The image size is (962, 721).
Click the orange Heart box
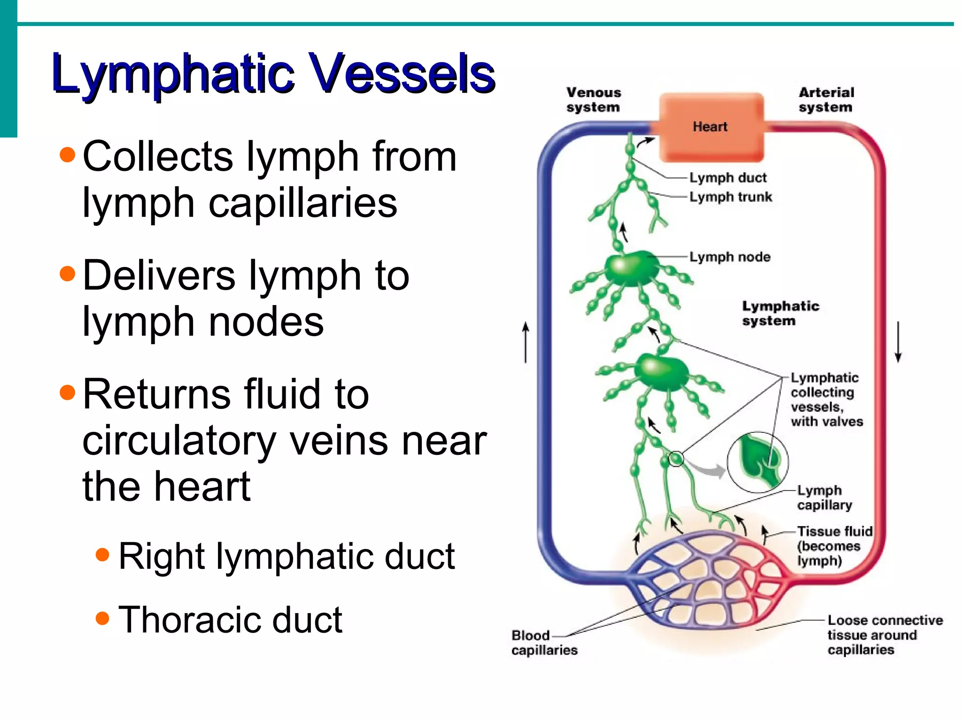click(x=711, y=127)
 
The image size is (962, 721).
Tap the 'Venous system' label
click(x=593, y=100)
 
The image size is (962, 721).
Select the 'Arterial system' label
click(x=826, y=100)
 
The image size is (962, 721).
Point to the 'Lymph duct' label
click(x=728, y=178)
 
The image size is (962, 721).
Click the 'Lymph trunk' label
click(x=730, y=197)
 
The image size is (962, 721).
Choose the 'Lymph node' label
click(x=729, y=257)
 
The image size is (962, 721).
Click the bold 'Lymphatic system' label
click(x=780, y=313)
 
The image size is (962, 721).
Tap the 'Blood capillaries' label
click(x=544, y=643)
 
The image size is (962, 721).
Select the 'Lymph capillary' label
click(x=824, y=497)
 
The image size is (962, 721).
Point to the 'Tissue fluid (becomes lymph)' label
click(x=834, y=546)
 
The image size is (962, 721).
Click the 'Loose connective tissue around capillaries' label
click(x=884, y=635)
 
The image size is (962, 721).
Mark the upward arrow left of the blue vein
click(x=526, y=342)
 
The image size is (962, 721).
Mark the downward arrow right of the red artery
click(x=898, y=342)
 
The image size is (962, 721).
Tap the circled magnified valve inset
click(x=758, y=462)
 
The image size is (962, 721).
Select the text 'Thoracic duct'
click(x=230, y=620)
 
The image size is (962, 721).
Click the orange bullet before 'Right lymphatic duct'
click(x=102, y=555)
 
